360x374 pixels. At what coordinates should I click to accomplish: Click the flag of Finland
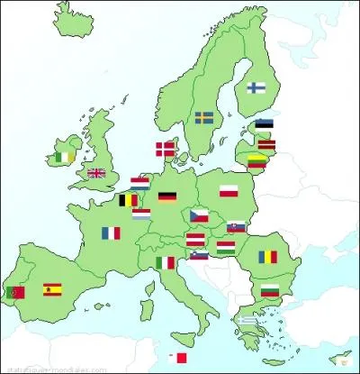256,87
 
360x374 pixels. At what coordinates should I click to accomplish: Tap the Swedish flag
204,117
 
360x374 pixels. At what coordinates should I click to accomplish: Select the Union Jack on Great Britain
95,173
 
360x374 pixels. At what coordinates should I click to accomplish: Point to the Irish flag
62,157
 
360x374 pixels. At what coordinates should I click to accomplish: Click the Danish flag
166,149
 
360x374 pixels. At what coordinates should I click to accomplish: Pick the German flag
167,196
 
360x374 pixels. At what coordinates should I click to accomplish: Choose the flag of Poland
229,190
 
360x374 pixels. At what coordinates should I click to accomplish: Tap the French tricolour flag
111,233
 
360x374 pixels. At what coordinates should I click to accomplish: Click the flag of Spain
52,289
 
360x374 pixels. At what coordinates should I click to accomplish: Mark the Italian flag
165,262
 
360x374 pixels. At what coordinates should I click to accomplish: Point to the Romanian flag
270,257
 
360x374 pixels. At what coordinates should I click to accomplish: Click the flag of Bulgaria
269,289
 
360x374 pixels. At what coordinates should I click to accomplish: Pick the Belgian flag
130,200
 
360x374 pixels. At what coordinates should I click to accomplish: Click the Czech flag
199,215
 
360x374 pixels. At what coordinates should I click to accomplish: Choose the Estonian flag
264,125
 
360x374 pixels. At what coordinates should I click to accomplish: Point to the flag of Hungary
226,245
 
